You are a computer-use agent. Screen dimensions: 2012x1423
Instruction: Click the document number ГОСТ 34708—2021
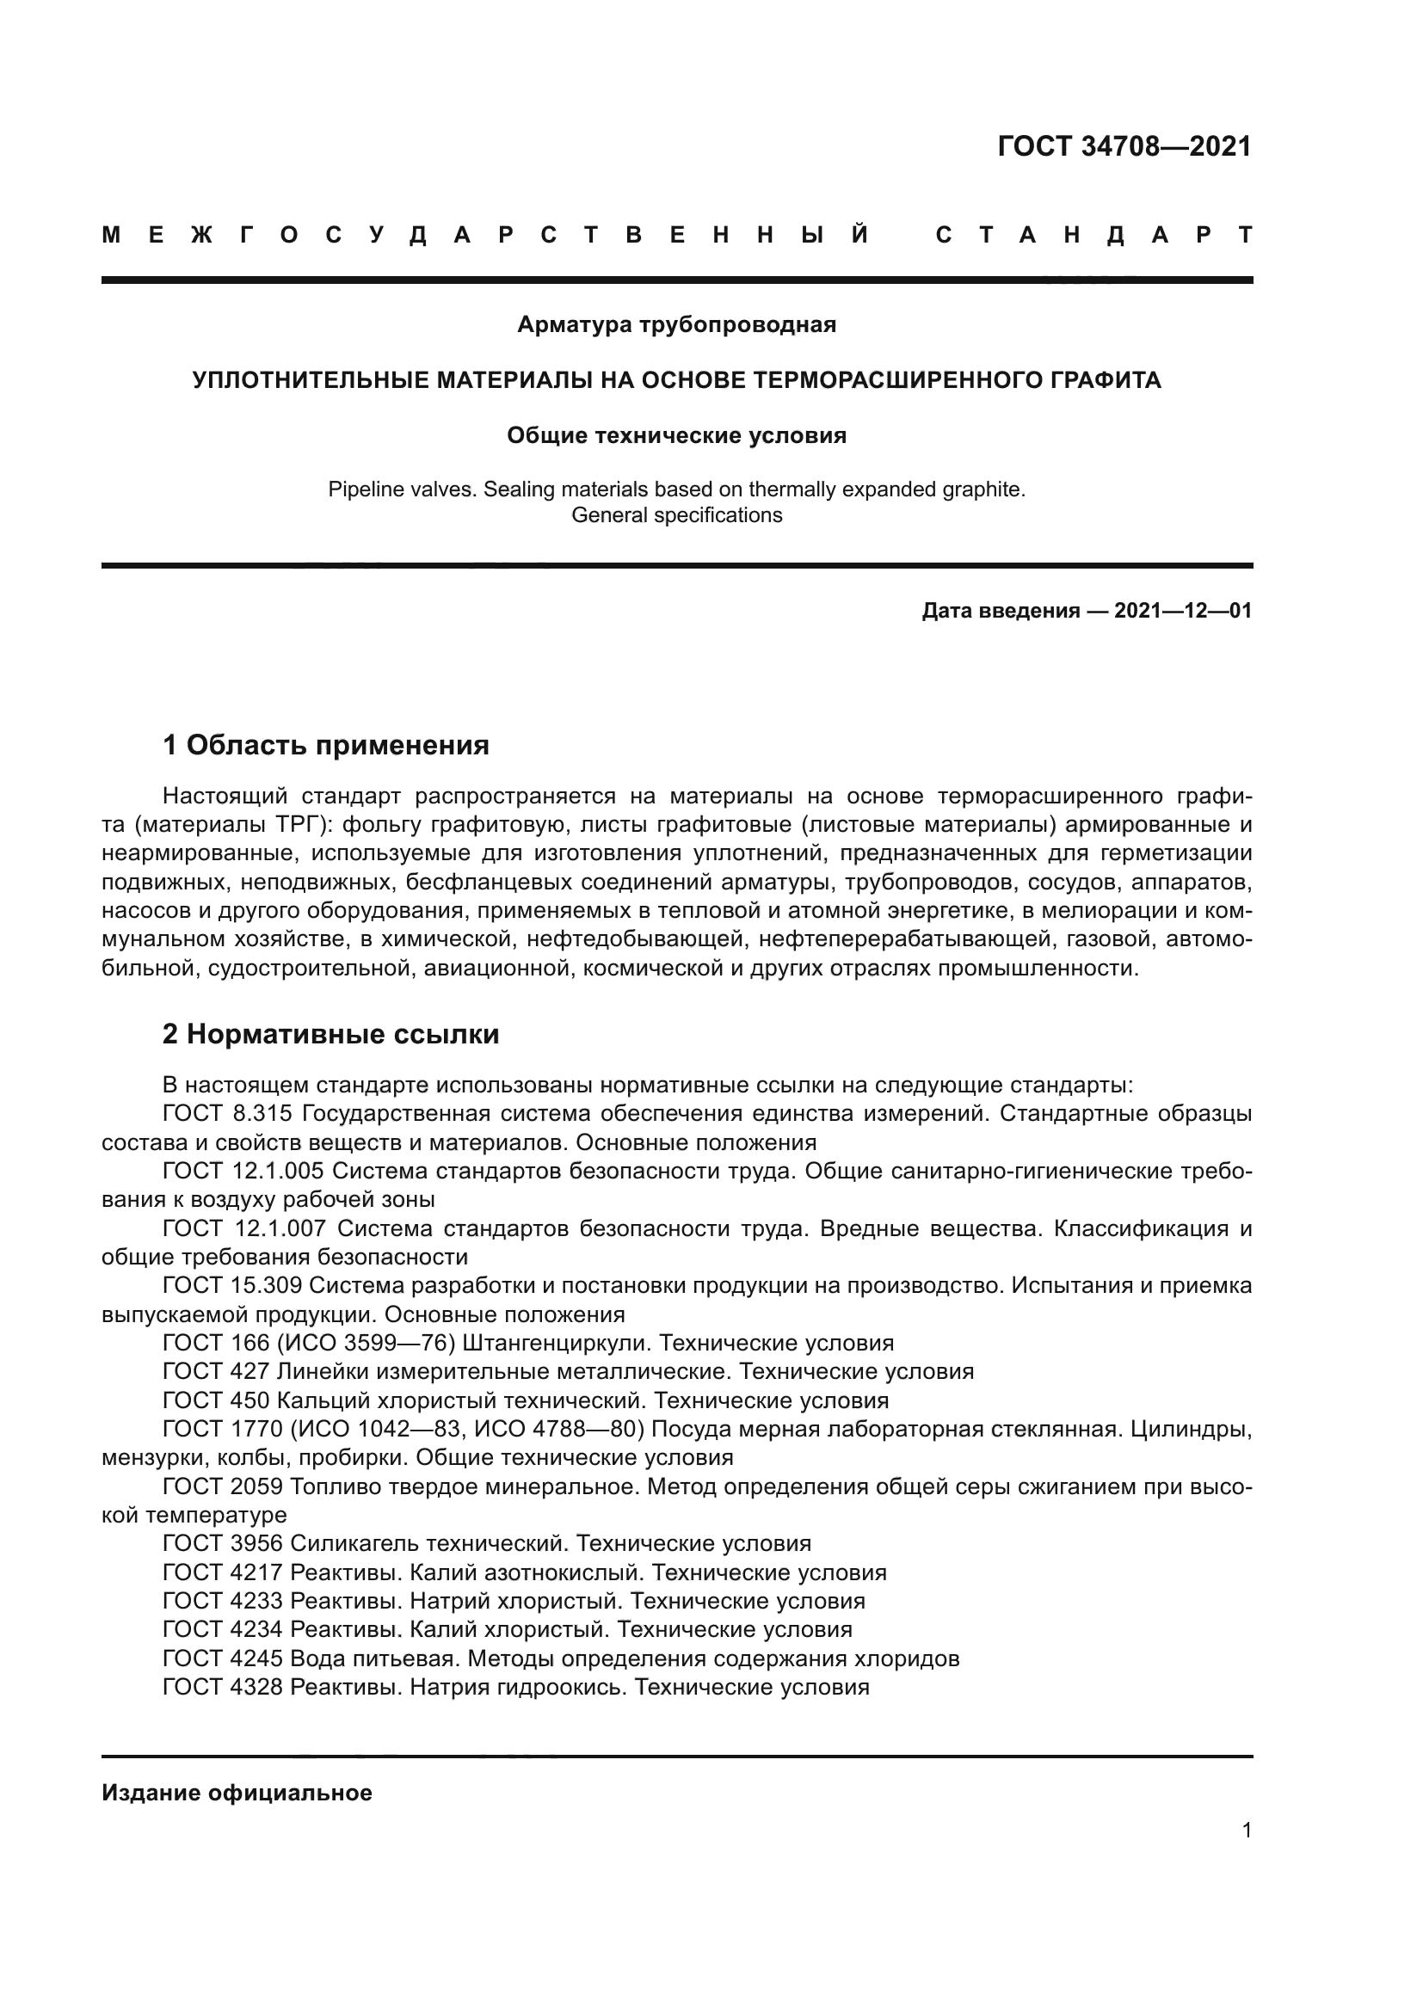pyautogui.click(x=1124, y=146)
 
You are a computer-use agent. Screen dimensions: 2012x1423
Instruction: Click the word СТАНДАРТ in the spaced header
pyautogui.click(x=1094, y=235)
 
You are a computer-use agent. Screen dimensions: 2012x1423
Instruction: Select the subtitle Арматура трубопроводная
pyautogui.click(x=676, y=325)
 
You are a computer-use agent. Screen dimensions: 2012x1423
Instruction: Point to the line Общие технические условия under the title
pyautogui.click(x=676, y=435)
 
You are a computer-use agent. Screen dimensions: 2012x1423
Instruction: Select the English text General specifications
pyautogui.click(x=676, y=515)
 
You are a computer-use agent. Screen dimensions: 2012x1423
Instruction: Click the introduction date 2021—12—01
pyautogui.click(x=1182, y=611)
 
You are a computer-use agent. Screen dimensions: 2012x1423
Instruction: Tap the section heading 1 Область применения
pyautogui.click(x=326, y=746)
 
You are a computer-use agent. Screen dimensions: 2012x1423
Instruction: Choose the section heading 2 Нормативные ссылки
pyautogui.click(x=330, y=1034)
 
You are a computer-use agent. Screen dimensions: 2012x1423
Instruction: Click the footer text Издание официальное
pyautogui.click(x=237, y=1793)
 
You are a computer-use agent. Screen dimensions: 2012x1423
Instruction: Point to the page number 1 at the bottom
pyautogui.click(x=1246, y=1830)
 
